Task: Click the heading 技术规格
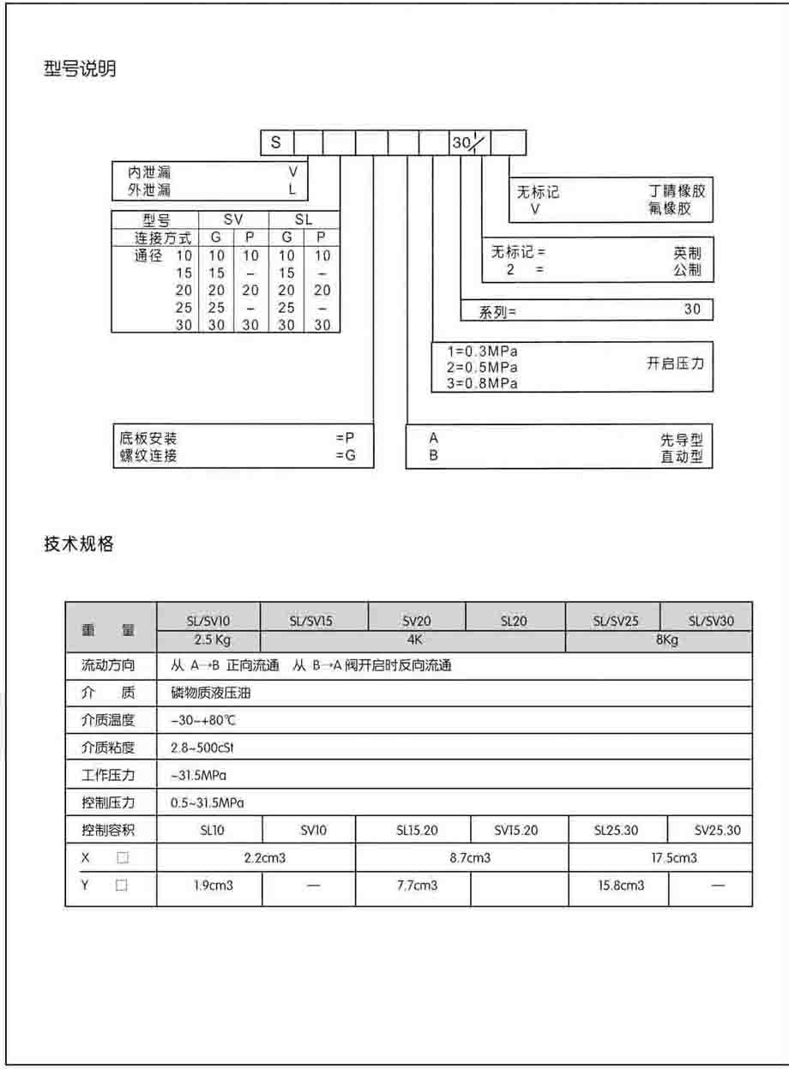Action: (x=79, y=544)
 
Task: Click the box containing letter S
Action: (x=276, y=143)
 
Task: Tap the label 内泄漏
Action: (x=149, y=172)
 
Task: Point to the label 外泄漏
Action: (x=149, y=189)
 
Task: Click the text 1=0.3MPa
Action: (x=483, y=351)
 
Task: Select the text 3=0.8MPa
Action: (x=483, y=384)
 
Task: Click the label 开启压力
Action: (x=675, y=363)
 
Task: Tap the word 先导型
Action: (x=681, y=440)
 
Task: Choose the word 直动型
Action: (x=681, y=457)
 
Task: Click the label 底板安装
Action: (x=148, y=439)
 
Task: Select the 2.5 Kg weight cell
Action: (x=208, y=641)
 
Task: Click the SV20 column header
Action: (x=417, y=622)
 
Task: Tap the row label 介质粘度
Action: (x=108, y=748)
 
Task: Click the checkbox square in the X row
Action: (x=122, y=857)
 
